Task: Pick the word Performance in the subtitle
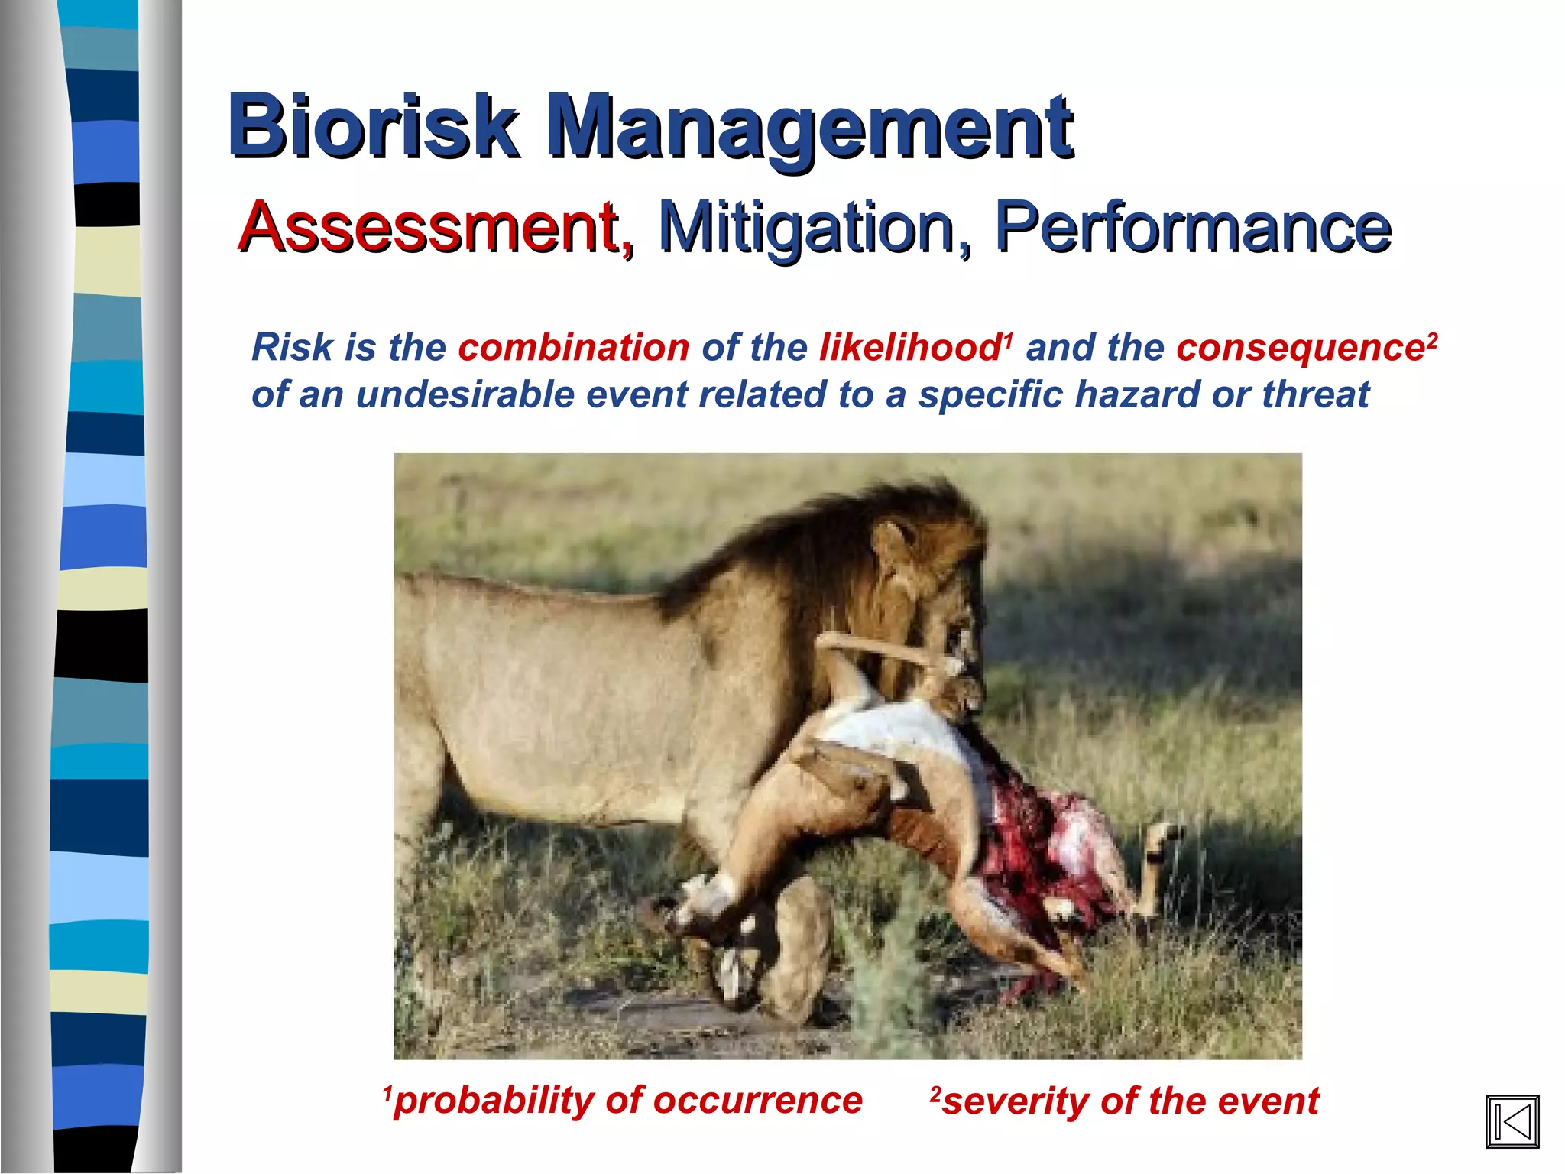(1192, 227)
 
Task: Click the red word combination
(573, 348)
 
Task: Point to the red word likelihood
(909, 348)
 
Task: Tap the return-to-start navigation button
(1512, 1121)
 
